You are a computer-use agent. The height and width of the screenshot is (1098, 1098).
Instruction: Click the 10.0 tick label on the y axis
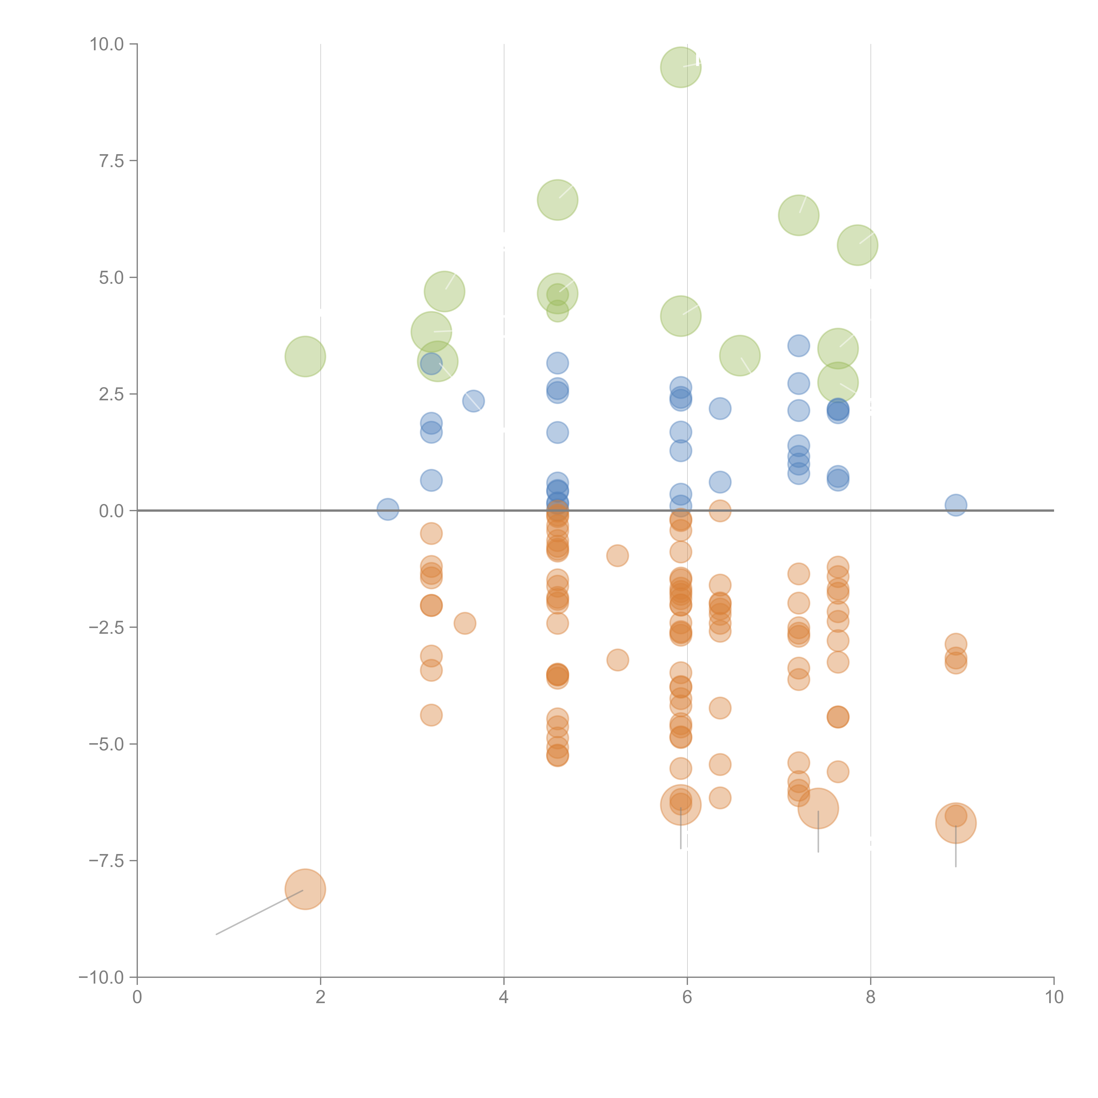click(107, 44)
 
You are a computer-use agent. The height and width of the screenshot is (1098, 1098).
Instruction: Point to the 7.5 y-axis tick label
click(111, 161)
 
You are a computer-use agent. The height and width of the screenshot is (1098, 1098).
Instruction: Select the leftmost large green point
click(305, 356)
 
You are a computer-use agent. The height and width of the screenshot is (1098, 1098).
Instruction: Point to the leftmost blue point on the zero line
click(388, 509)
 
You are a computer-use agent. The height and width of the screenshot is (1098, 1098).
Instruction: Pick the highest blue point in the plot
click(798, 345)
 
